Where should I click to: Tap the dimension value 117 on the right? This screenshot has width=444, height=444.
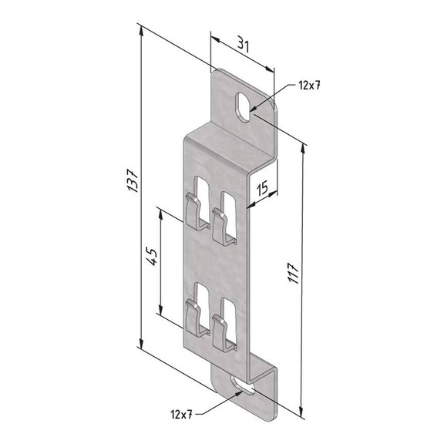[294, 269]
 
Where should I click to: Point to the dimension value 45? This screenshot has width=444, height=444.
[151, 257]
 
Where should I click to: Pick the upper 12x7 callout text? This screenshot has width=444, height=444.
[306, 85]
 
